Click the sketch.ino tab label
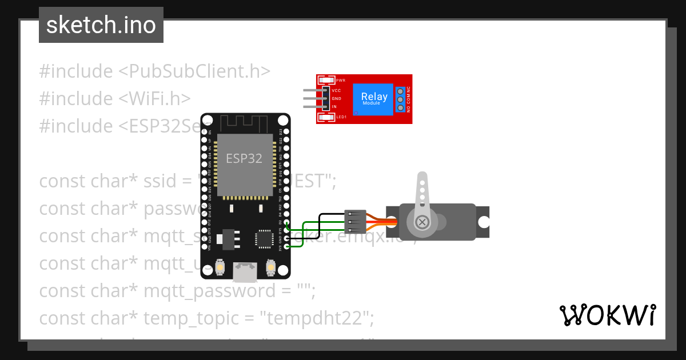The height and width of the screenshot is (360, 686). pyautogui.click(x=101, y=25)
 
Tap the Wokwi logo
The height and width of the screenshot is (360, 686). pyautogui.click(x=607, y=315)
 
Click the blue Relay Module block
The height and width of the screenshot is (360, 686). pyautogui.click(x=374, y=99)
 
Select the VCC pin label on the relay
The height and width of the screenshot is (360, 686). pyautogui.click(x=336, y=90)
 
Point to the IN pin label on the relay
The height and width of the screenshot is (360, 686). pyautogui.click(x=334, y=107)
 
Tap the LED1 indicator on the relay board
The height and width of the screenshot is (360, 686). pyautogui.click(x=328, y=117)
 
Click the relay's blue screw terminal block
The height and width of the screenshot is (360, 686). pyautogui.click(x=401, y=99)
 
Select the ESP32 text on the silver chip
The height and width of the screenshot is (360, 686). pyautogui.click(x=244, y=158)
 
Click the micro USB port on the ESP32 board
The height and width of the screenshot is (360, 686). pyautogui.click(x=244, y=273)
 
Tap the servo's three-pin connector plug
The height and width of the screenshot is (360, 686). pyautogui.click(x=355, y=221)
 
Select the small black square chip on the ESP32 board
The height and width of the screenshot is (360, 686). pyautogui.click(x=264, y=238)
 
